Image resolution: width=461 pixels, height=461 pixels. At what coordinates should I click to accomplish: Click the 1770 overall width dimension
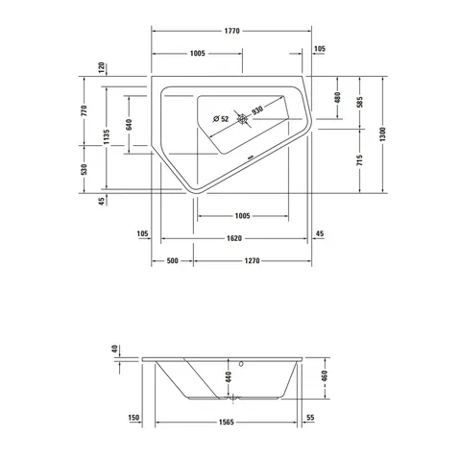[x=231, y=31]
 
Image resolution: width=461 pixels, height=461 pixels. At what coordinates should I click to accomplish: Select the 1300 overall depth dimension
[x=383, y=134]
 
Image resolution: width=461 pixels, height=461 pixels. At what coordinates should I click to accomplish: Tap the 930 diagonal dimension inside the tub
[x=257, y=110]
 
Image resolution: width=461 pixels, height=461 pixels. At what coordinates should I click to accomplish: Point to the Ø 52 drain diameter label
[x=221, y=119]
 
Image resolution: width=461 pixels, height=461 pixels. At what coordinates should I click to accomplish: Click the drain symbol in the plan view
[x=242, y=119]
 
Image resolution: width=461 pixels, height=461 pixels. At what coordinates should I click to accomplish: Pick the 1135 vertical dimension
[x=107, y=137]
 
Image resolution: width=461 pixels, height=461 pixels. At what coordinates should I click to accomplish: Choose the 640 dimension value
[x=129, y=125]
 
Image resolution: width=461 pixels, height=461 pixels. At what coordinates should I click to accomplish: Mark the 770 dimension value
[x=85, y=110]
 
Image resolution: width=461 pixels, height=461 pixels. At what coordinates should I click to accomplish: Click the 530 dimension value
[x=85, y=169]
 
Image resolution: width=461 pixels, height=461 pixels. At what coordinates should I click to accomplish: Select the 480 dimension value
[x=337, y=98]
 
